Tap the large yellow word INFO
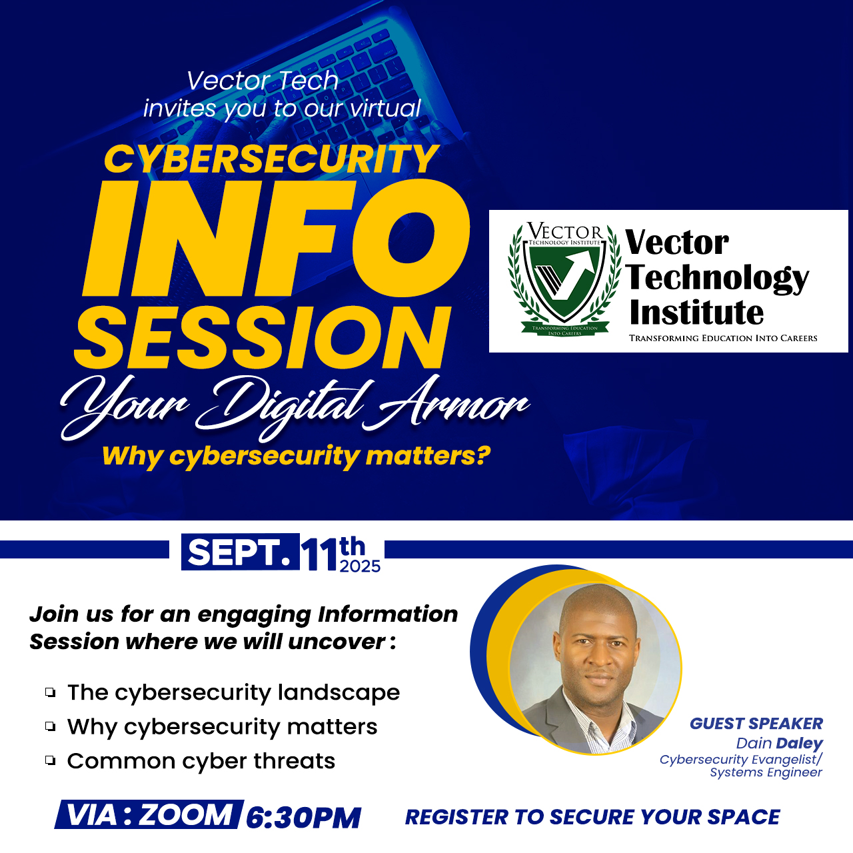[x=275, y=239]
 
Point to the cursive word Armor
[x=446, y=402]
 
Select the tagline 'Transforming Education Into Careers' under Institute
[x=723, y=338]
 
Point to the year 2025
[x=360, y=566]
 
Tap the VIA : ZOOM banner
[x=149, y=814]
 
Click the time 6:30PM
[x=303, y=818]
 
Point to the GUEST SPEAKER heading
[x=756, y=723]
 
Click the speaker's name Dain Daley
[x=780, y=743]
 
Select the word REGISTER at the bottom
[x=456, y=817]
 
